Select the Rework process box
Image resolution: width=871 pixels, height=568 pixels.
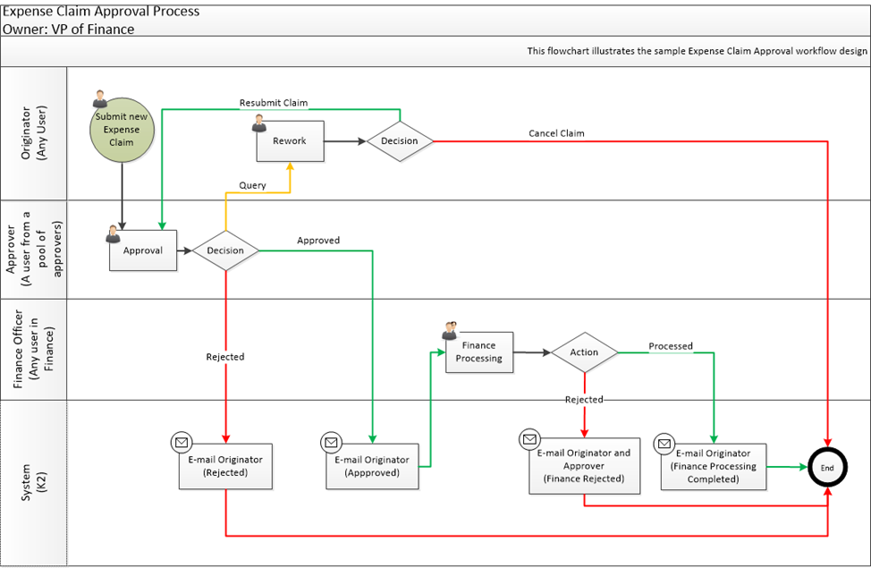pos(290,141)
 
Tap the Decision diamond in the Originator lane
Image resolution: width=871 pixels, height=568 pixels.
pos(399,141)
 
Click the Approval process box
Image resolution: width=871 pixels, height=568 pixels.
pos(143,250)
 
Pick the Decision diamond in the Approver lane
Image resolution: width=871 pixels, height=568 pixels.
pos(225,250)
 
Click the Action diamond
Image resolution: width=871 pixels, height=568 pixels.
pos(584,352)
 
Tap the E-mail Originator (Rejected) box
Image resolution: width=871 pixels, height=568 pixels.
pos(225,466)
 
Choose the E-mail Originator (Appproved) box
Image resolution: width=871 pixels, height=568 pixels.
pos(372,466)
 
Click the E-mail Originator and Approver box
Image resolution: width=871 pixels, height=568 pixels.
pos(584,466)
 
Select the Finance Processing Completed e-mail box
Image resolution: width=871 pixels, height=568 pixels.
pos(714,466)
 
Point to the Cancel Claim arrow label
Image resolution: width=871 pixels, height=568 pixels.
pos(556,133)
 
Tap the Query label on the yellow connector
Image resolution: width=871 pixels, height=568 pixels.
pos(252,185)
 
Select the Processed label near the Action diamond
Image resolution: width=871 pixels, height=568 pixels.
pos(671,346)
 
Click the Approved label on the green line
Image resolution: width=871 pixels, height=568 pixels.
pos(318,241)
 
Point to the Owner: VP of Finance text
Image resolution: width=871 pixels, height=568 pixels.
pos(69,29)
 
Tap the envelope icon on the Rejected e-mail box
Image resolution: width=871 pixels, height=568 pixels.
pos(182,442)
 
